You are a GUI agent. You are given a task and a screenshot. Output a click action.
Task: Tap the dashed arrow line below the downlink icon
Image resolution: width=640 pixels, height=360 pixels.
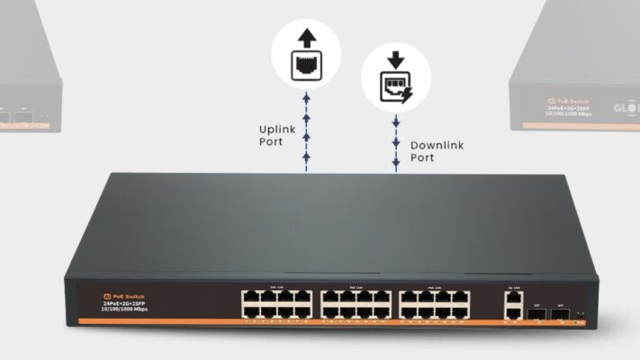[x=395, y=135]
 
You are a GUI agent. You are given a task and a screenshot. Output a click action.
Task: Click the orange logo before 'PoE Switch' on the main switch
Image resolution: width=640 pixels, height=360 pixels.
[x=106, y=295]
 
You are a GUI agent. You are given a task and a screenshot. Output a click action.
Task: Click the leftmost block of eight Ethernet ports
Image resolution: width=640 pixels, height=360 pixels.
[x=275, y=304]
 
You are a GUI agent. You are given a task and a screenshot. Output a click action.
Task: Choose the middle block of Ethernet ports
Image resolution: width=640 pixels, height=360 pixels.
[x=356, y=304]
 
